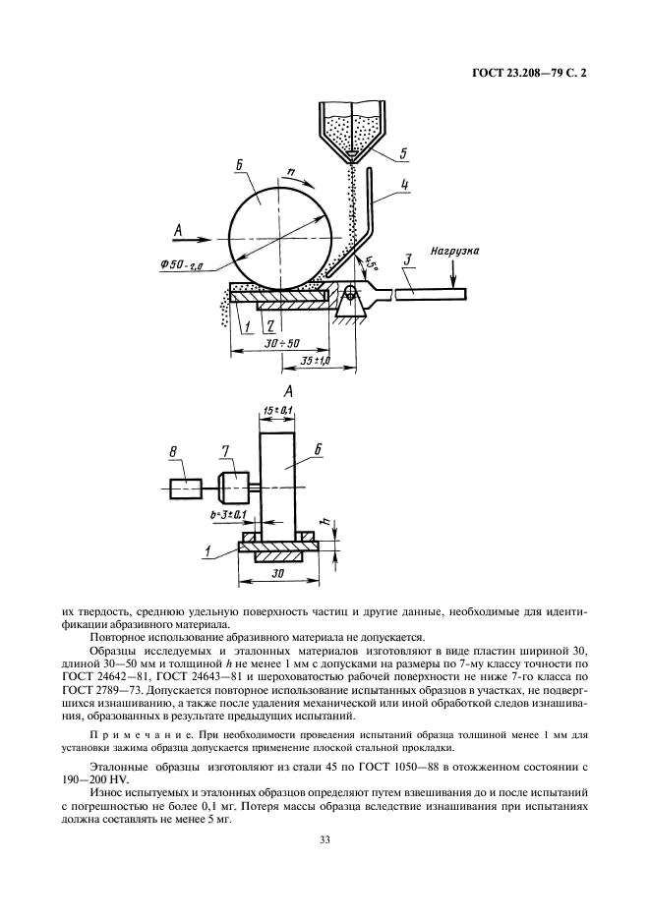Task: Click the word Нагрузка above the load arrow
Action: click(x=454, y=252)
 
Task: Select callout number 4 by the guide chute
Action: click(x=405, y=183)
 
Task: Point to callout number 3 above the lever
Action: click(x=405, y=259)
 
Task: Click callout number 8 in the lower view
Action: click(x=173, y=451)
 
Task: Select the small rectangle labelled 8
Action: click(x=185, y=487)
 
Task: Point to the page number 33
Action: click(x=324, y=838)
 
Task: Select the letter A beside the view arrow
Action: click(x=179, y=232)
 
